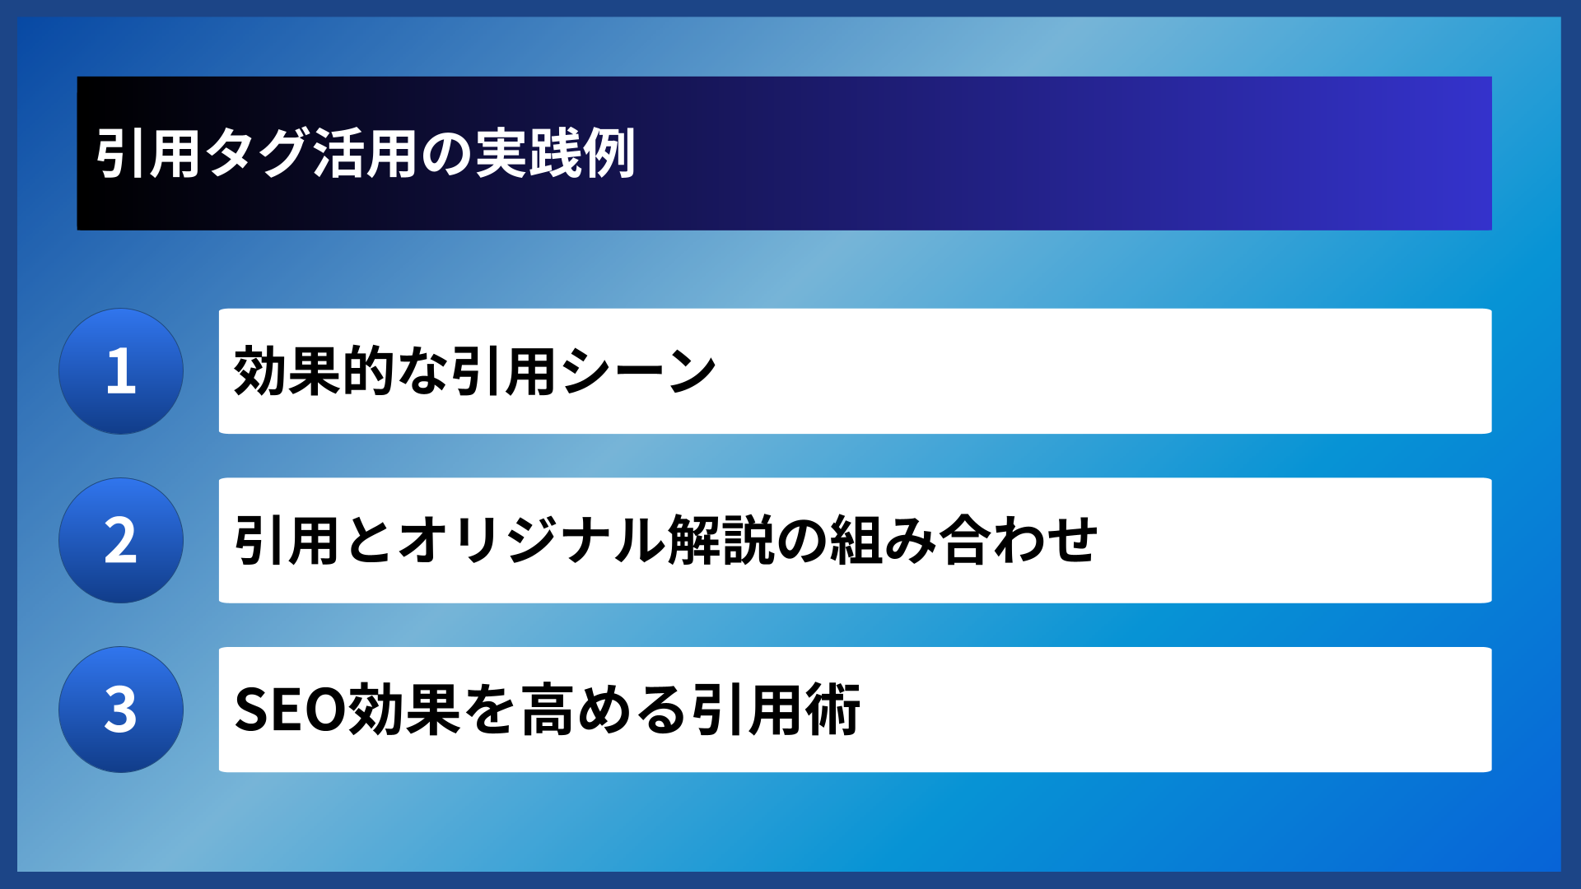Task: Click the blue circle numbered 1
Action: click(121, 371)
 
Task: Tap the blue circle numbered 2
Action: click(121, 541)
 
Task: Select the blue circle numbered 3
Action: click(121, 710)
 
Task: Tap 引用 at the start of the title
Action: click(149, 154)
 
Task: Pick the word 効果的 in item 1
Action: click(315, 371)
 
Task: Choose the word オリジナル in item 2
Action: click(532, 541)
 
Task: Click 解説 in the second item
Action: click(721, 541)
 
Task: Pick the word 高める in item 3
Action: click(603, 710)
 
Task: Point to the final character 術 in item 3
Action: click(833, 710)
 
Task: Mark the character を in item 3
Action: click(490, 710)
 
